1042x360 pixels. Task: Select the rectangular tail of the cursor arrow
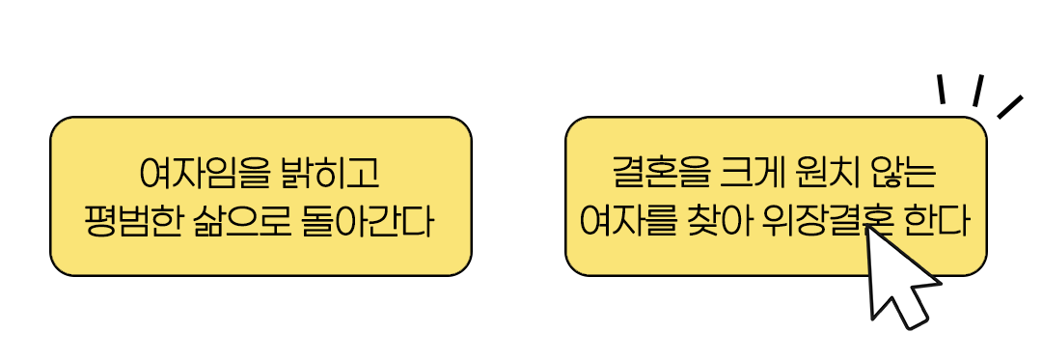coord(912,311)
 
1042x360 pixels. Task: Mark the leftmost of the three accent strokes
coord(941,89)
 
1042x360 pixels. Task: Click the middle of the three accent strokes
coord(977,90)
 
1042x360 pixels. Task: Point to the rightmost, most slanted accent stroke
coord(1009,106)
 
